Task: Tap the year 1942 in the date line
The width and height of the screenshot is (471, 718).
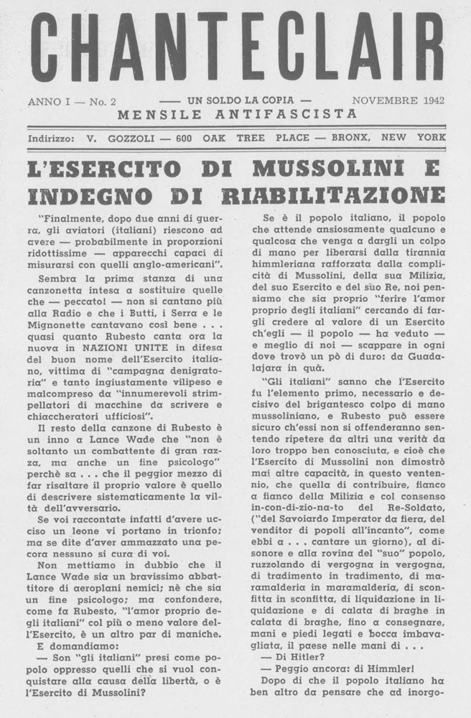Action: (x=429, y=101)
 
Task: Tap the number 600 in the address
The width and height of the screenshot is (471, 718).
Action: (x=185, y=138)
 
